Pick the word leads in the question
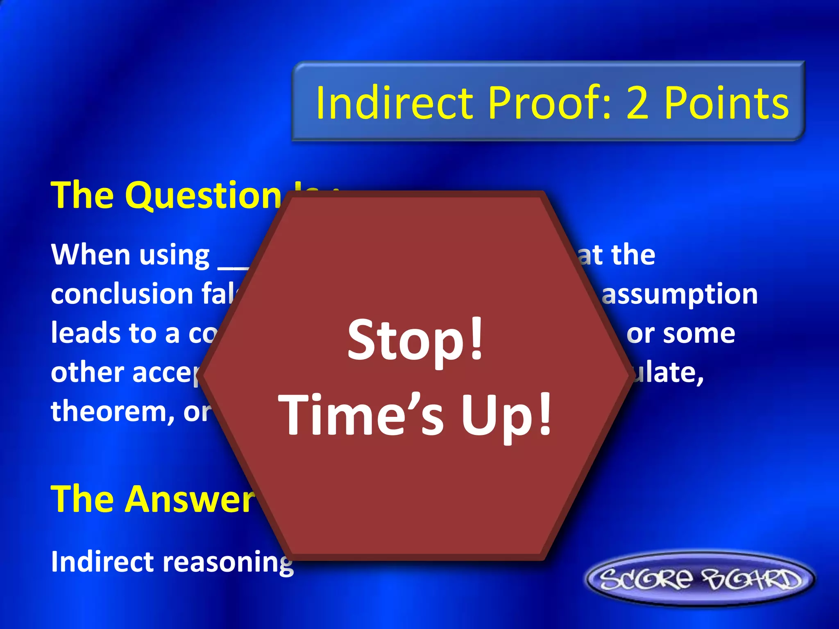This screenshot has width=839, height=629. pyautogui.click(x=84, y=333)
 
